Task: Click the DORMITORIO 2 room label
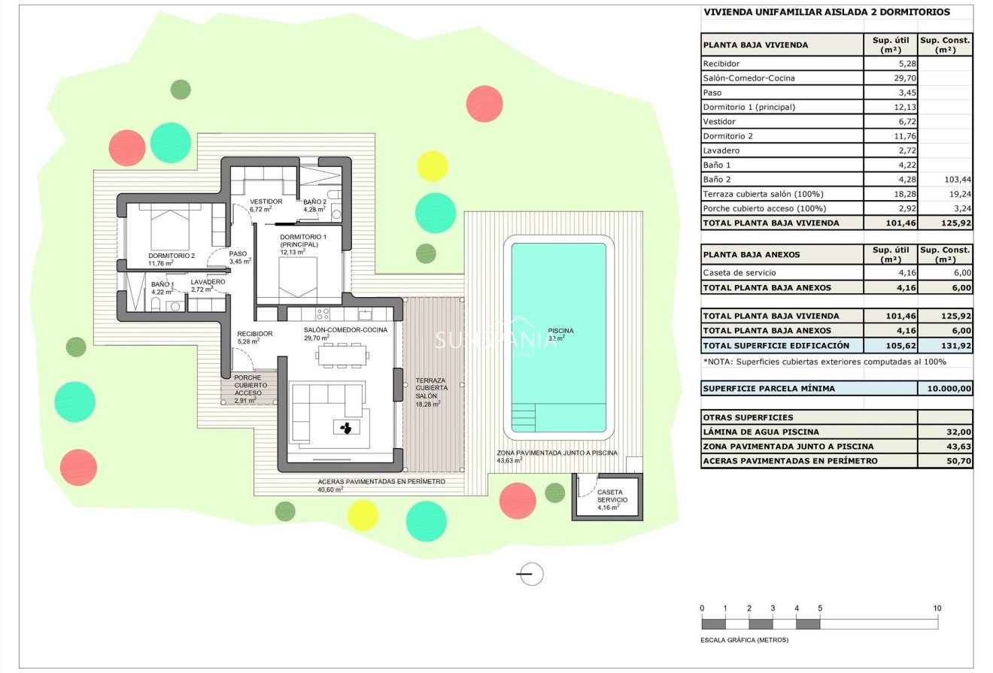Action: [x=171, y=256]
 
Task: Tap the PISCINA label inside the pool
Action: [x=560, y=331]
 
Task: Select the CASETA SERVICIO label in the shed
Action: [x=610, y=496]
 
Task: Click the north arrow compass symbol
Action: [x=530, y=574]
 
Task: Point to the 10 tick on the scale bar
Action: [x=937, y=608]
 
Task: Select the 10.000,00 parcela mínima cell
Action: [x=945, y=389]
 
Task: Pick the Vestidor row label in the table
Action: [x=719, y=122]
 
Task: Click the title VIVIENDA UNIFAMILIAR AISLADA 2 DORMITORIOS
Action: [x=826, y=12]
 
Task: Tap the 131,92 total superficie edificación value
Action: [x=945, y=346]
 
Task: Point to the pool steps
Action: [x=524, y=415]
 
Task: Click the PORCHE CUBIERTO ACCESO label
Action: [x=250, y=385]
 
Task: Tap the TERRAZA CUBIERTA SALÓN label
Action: [x=431, y=388]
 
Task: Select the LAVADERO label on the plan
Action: [x=208, y=283]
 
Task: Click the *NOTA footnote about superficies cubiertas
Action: [x=824, y=362]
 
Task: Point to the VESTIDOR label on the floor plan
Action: [x=266, y=202]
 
